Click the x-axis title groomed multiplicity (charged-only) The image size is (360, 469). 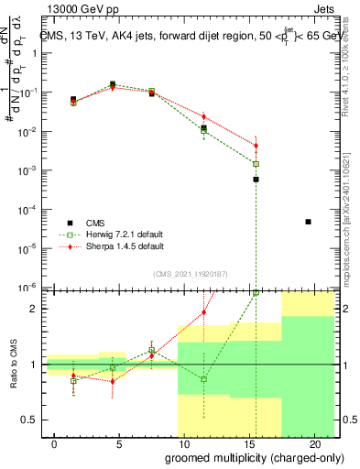pyautogui.click(x=254, y=456)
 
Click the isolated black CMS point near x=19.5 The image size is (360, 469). pyautogui.click(x=308, y=222)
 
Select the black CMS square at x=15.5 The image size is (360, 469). pyautogui.click(x=256, y=180)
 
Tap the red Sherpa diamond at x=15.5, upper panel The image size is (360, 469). pyautogui.click(x=256, y=146)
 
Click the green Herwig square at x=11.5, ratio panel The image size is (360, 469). pyautogui.click(x=204, y=378)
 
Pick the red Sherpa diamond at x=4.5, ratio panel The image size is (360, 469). pyautogui.click(x=113, y=380)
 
